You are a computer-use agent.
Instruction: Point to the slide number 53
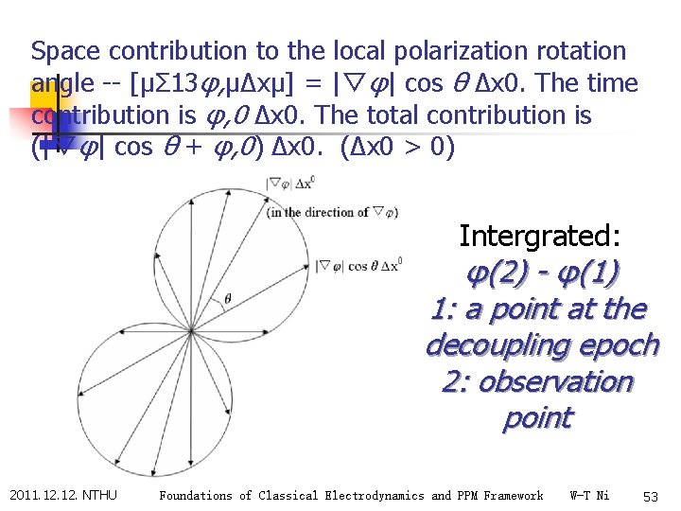(x=650, y=496)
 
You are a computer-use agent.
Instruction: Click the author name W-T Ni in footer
(x=590, y=496)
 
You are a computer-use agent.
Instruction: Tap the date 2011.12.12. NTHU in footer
(x=63, y=495)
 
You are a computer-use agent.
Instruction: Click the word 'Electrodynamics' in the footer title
(x=373, y=496)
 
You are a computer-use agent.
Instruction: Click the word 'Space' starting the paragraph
(x=61, y=51)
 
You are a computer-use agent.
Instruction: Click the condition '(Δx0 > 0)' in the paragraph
(x=404, y=148)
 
